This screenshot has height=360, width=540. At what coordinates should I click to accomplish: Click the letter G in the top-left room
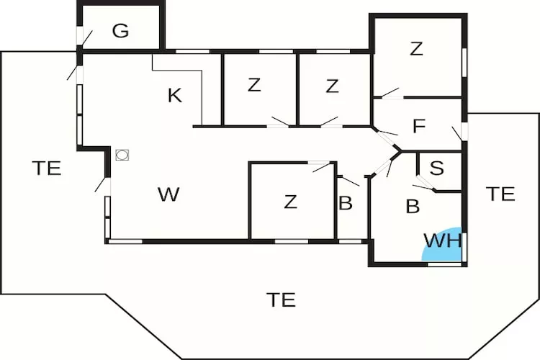pyautogui.click(x=120, y=31)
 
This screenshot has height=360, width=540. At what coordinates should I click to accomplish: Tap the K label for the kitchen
pyautogui.click(x=174, y=96)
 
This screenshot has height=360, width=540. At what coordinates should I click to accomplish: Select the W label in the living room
pyautogui.click(x=168, y=194)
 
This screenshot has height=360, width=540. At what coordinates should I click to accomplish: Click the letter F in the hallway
pyautogui.click(x=418, y=127)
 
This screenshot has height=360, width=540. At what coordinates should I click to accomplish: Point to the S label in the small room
pyautogui.click(x=436, y=168)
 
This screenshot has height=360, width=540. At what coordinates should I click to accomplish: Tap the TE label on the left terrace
pyautogui.click(x=46, y=168)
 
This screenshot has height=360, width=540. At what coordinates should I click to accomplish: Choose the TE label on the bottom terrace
pyautogui.click(x=281, y=300)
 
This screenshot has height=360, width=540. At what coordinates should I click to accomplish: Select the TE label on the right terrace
pyautogui.click(x=500, y=194)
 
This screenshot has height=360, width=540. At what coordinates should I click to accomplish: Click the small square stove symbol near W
pyautogui.click(x=122, y=155)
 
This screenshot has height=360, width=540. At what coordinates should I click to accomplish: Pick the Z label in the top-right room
pyautogui.click(x=415, y=49)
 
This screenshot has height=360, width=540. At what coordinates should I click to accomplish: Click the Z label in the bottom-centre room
pyautogui.click(x=290, y=202)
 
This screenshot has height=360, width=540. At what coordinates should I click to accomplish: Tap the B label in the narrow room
pyautogui.click(x=346, y=204)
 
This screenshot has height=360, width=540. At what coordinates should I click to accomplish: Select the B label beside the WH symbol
pyautogui.click(x=413, y=207)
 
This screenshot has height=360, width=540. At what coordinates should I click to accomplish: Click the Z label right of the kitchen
pyautogui.click(x=253, y=85)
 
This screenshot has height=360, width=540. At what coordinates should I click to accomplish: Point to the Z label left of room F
pyautogui.click(x=332, y=86)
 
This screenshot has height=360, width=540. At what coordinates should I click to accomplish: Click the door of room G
pyautogui.click(x=86, y=38)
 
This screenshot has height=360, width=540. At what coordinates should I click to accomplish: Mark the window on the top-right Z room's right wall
pyautogui.click(x=465, y=62)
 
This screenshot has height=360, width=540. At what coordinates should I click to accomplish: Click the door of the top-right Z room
pyautogui.click(x=390, y=93)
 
